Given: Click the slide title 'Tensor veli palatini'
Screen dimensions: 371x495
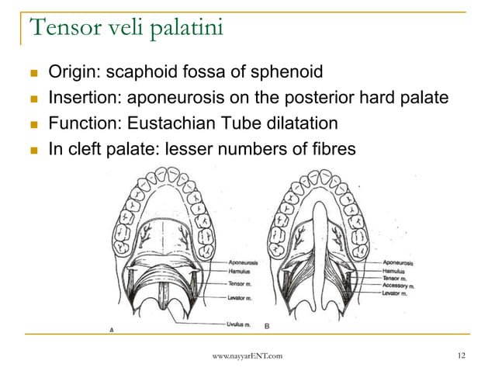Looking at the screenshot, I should point(126,29).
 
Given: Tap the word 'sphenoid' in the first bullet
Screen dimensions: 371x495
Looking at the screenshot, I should point(288,74).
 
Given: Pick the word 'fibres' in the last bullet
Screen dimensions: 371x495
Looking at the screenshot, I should point(334,147).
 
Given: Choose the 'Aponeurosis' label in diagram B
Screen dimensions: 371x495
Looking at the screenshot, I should point(399,263).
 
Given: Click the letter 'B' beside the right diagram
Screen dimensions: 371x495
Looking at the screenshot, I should point(267,324).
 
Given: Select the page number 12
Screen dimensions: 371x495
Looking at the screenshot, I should point(462,355).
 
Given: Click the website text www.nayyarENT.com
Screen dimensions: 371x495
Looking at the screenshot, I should point(247,355).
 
